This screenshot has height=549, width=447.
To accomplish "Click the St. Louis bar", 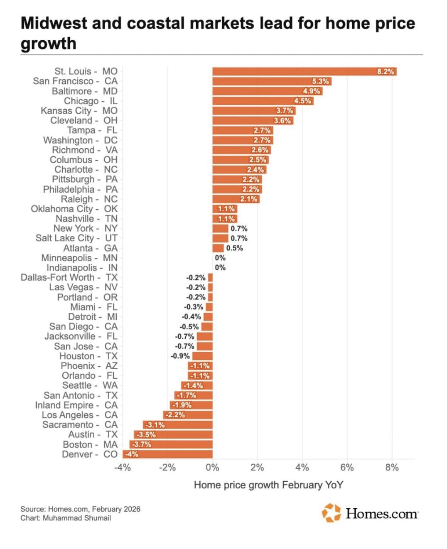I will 304,71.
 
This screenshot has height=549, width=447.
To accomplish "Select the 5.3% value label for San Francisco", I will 320,81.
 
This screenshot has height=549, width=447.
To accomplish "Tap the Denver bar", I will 167,454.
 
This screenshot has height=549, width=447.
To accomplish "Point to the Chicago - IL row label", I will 91,101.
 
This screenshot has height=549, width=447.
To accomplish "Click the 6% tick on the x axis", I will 347,468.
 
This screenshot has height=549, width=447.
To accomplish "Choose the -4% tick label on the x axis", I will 123,468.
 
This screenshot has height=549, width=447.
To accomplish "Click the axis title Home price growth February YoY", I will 268,485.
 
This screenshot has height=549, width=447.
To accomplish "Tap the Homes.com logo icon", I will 331,513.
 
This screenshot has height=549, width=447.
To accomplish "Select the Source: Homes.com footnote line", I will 80,509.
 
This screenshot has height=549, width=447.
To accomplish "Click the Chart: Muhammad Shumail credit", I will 66,518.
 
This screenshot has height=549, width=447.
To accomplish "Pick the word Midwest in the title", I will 54,23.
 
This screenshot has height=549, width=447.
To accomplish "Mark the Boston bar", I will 171,444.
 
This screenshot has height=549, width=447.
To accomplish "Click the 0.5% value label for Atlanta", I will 234,248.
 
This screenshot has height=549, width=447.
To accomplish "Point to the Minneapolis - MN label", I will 79,258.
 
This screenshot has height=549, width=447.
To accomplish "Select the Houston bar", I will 202,356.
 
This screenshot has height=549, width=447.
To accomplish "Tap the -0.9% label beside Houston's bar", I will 180,356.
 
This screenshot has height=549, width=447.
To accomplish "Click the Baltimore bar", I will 267,91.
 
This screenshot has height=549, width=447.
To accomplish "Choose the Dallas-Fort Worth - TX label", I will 69,277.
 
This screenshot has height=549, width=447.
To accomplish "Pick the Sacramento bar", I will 178,425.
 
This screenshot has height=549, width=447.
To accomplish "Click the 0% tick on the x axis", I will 212,468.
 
